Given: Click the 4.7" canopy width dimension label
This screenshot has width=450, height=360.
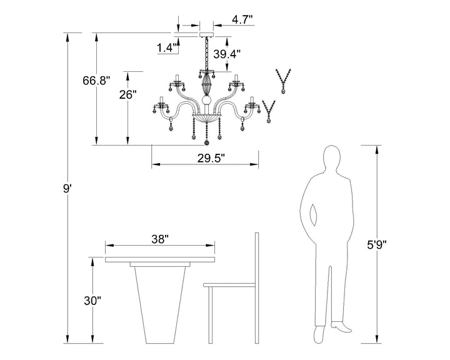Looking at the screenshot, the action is [242, 20].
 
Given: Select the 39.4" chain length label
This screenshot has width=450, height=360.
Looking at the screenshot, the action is [227, 54].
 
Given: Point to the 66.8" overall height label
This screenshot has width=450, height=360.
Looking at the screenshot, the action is [96, 81].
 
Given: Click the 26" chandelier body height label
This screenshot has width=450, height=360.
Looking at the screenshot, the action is [127, 94].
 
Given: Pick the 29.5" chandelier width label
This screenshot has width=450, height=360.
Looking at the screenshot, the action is [211, 158].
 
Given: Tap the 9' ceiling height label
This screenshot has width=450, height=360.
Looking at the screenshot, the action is [67, 189].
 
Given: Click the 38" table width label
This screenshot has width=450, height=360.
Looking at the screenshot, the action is [160, 239].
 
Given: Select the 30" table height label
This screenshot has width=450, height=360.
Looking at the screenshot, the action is [92, 301].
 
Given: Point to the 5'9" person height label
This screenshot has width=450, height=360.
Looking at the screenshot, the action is [377, 245].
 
